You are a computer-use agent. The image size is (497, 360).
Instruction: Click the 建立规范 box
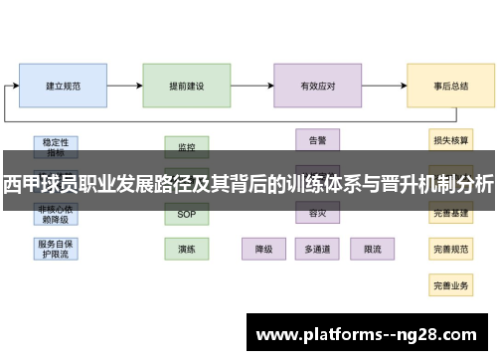pos(64,87)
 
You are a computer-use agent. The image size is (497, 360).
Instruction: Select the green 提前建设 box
pos(187,87)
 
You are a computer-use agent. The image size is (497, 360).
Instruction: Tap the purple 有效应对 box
pos(317,87)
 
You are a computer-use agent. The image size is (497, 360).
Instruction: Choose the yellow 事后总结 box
pos(450,87)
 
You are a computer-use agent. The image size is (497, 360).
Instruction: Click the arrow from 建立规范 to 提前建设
pos(125,87)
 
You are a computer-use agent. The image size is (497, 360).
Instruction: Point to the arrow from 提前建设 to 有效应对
pos(252,87)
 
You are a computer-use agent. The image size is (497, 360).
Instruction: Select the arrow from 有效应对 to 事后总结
pos(384,87)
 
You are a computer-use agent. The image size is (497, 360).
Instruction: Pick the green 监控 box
pos(187,146)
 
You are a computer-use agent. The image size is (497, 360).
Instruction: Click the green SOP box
pos(187,214)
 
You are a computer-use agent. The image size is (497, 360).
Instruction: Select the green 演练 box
pos(187,249)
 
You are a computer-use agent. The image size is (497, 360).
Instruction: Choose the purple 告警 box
pos(318,139)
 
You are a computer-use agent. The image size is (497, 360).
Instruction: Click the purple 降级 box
pos(264,249)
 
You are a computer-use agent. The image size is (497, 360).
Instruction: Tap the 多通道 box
pos(318,249)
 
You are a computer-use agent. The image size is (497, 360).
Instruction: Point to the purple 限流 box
pos(373,249)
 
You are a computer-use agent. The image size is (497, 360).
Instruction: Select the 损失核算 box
pos(450,139)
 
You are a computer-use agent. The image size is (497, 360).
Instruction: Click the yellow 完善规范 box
pos(450,249)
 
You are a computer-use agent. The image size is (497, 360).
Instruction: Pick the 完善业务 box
pos(450,285)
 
